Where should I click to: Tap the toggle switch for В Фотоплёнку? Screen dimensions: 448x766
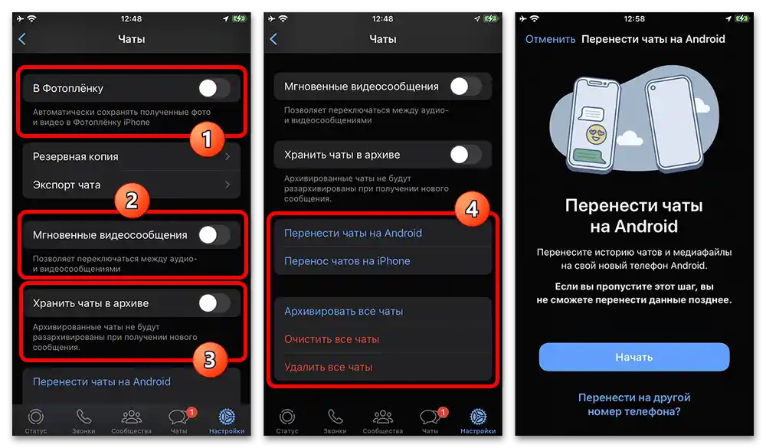[214, 89]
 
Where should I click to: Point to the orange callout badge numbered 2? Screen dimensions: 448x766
[131, 201]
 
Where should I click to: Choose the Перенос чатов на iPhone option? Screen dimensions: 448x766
[347, 261]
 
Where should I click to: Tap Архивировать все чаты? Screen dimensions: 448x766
[343, 312]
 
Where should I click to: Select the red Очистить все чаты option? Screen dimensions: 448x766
[332, 339]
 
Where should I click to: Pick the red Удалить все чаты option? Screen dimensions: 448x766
[328, 367]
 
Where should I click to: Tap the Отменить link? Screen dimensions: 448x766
[550, 39]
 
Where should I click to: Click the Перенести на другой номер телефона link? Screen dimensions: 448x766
[633, 404]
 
